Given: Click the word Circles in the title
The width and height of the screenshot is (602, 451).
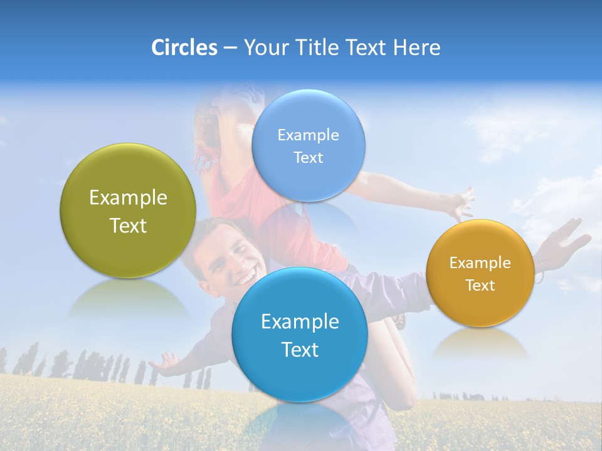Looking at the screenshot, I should coord(184,48).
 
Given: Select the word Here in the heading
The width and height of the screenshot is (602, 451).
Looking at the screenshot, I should coord(417,48).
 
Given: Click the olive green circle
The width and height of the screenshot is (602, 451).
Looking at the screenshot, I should coord(128,210).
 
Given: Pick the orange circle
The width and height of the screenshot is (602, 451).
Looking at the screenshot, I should coord(480,273).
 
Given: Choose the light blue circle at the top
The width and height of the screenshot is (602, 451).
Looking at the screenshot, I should coord(308,145).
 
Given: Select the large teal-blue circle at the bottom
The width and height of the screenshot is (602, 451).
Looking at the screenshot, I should coord(300,334).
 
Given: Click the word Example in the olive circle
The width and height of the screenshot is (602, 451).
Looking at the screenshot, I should coord(128,198).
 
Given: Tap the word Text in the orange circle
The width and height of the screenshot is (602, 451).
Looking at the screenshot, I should coord(480,285).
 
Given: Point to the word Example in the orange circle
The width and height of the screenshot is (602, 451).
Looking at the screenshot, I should coord(480,262).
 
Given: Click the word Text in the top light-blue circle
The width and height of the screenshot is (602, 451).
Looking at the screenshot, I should coord(308,157).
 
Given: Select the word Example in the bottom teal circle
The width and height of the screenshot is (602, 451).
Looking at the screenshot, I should coord(300,321).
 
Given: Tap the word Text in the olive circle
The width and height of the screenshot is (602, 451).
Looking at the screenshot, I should coord(128,225).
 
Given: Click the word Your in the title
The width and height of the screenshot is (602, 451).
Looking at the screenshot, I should coord(266,48).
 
